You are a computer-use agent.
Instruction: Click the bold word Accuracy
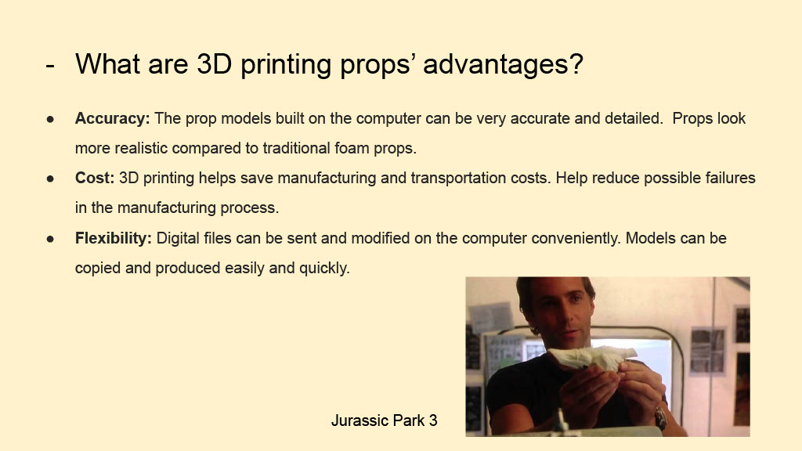[112, 119]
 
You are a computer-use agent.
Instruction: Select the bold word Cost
[95, 178]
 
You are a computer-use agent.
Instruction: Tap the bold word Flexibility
[113, 238]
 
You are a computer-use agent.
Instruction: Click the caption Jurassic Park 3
[384, 420]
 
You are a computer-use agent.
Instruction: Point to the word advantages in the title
[503, 64]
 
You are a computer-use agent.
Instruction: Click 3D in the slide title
[215, 63]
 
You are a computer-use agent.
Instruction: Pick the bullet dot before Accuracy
[50, 119]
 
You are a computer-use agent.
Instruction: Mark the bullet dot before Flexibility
[50, 239]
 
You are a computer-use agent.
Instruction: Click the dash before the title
[50, 66]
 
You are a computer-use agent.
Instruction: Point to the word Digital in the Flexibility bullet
[178, 238]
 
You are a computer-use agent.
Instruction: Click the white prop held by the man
[594, 357]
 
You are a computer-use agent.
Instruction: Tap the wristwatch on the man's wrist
[660, 418]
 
